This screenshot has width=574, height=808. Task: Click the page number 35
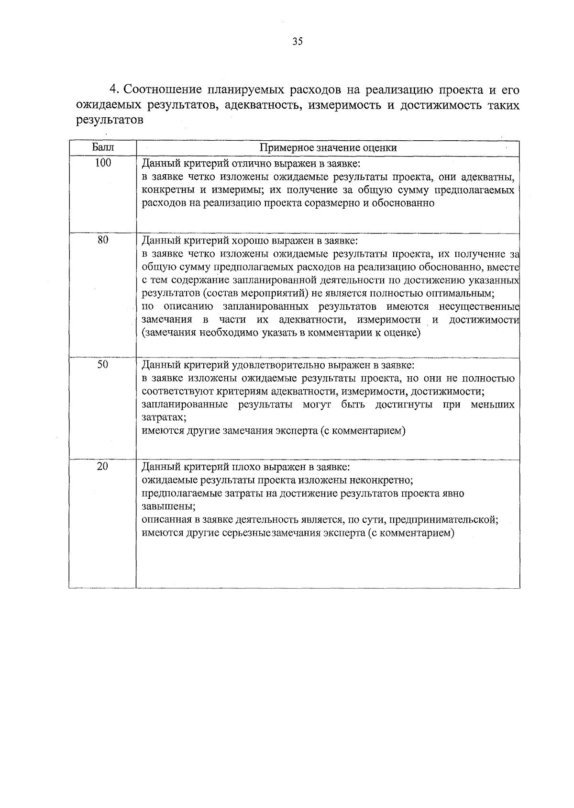click(x=297, y=42)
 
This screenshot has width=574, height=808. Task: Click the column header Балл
click(x=103, y=147)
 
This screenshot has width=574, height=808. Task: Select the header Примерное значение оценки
click(x=328, y=148)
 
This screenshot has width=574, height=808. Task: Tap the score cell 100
click(x=103, y=163)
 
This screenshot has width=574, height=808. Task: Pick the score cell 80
click(x=103, y=240)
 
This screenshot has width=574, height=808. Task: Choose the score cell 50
click(x=103, y=365)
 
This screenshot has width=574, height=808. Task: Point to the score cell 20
click(x=103, y=467)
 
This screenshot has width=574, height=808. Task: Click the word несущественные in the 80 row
click(x=484, y=306)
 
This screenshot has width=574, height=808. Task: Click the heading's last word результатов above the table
click(x=110, y=120)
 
